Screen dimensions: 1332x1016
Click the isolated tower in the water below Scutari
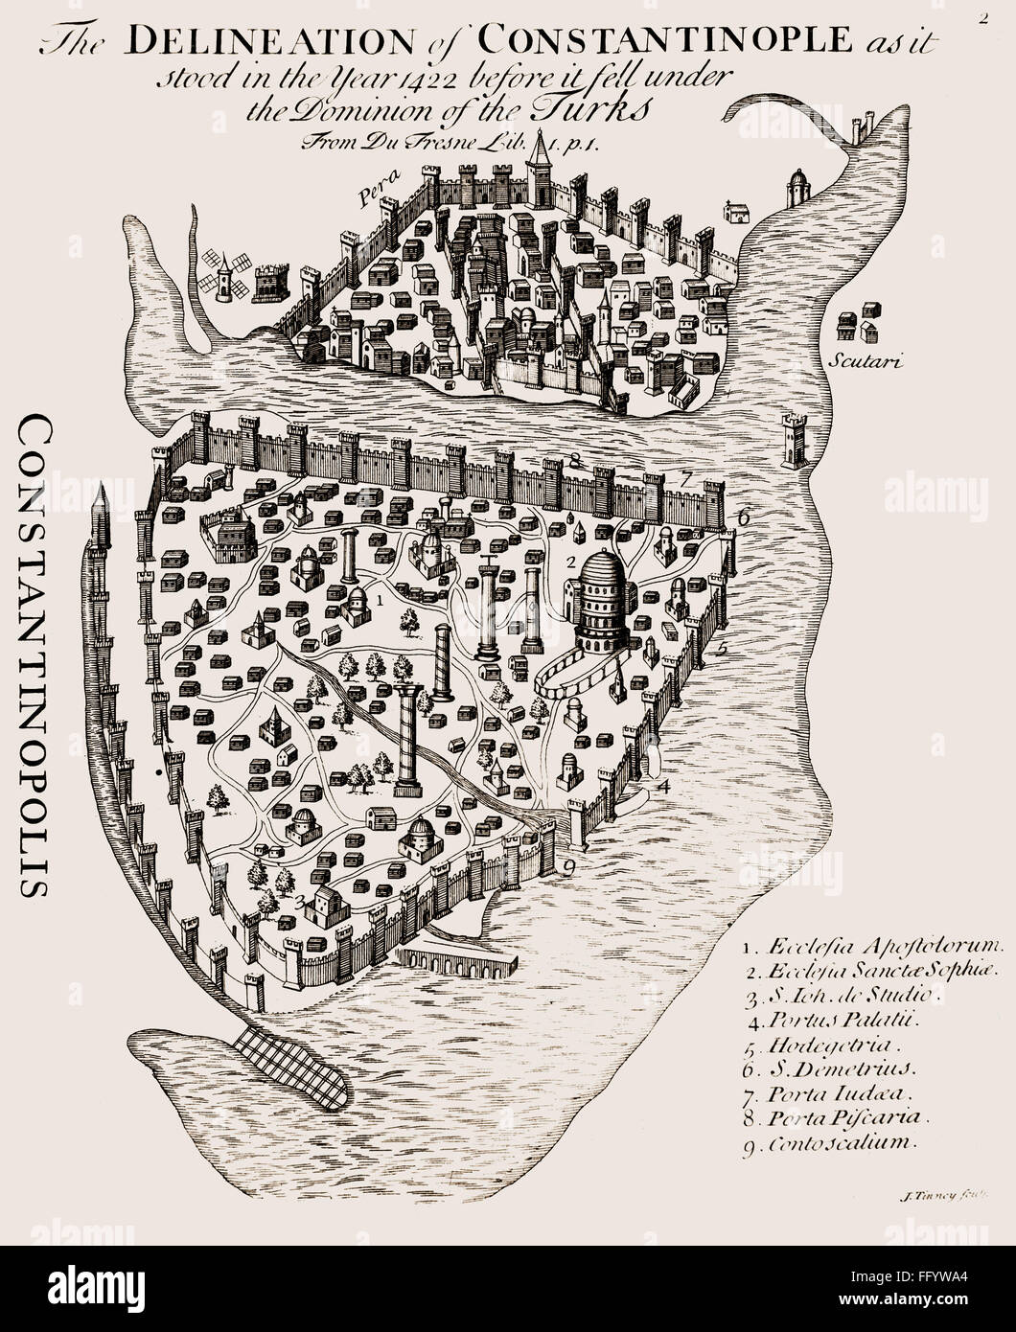[795, 438]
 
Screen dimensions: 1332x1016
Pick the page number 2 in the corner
[983, 15]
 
